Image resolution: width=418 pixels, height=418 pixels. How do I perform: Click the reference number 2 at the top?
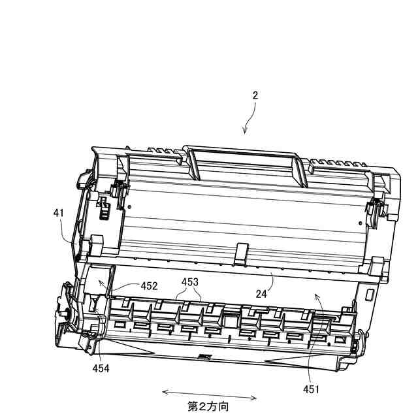255,95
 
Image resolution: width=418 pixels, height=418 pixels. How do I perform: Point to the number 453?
191,281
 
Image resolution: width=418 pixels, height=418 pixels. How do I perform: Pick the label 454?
101,368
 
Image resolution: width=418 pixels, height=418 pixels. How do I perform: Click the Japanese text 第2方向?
208,406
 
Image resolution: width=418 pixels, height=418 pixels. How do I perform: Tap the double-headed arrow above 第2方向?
209,394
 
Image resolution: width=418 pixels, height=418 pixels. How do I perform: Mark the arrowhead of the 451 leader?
317,296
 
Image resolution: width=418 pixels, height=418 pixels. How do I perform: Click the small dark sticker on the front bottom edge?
202,356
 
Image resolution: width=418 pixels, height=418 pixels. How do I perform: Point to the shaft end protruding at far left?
65,313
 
